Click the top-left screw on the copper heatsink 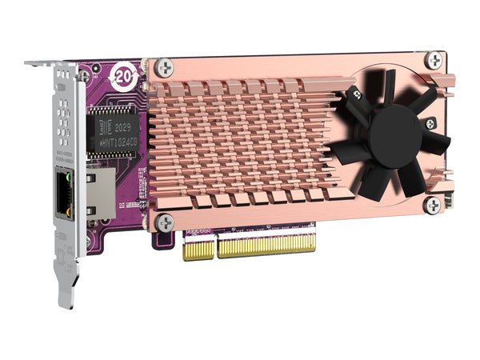(164, 68)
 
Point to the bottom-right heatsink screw (432, 205)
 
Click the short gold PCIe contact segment (198, 249)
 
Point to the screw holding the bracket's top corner (84, 75)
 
